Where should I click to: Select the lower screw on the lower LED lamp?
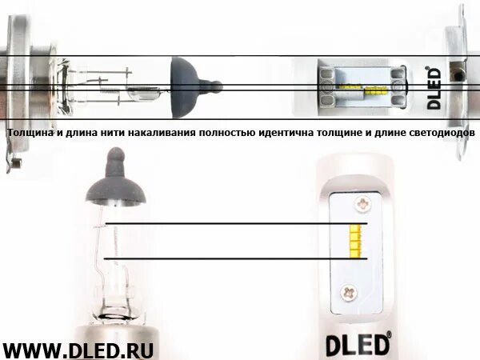pos(349,292)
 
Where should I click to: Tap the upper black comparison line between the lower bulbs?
pos(232,224)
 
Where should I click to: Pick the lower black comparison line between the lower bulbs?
pos(232,258)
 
